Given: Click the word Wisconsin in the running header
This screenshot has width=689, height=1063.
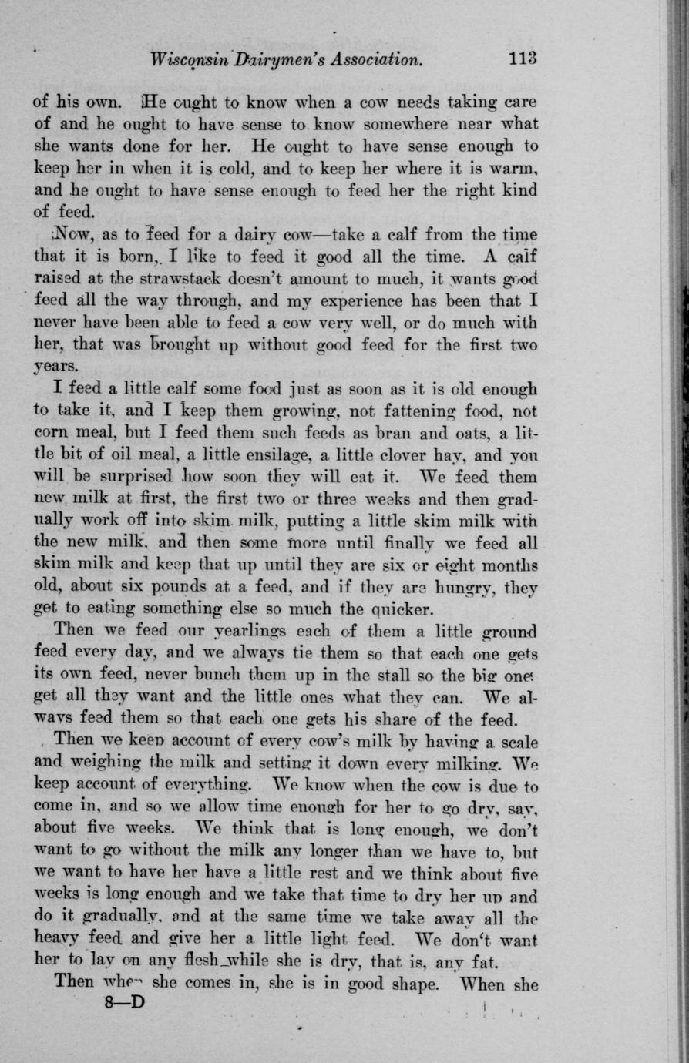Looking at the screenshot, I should click(189, 60).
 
